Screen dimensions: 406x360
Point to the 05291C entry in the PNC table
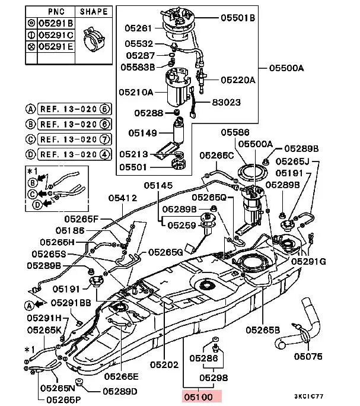point(55,35)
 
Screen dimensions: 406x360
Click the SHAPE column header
point(94,11)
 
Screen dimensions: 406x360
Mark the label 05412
point(122,198)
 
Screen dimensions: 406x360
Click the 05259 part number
point(181,225)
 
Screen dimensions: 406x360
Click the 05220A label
point(238,80)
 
